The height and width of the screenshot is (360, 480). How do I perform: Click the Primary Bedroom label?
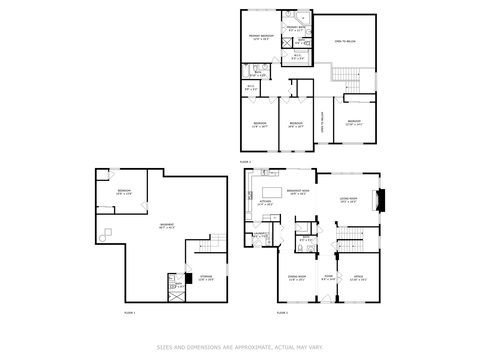click(x=261, y=36)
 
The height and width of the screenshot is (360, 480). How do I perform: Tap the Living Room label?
click(x=348, y=199)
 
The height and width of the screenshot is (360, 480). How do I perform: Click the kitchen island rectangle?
click(x=272, y=193)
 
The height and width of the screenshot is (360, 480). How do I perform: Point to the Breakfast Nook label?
click(x=298, y=191)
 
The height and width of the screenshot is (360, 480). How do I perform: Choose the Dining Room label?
click(x=297, y=277)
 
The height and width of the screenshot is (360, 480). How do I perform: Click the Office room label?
click(x=358, y=277)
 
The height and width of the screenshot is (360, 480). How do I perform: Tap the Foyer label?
click(x=329, y=276)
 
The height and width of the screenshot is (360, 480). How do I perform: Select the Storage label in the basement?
click(x=206, y=276)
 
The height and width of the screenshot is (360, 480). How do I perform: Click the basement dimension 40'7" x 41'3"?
click(x=167, y=228)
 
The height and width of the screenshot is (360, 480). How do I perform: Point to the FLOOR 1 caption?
click(x=130, y=313)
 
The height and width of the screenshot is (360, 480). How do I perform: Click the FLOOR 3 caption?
click(x=245, y=162)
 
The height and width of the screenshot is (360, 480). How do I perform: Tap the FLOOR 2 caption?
click(x=282, y=313)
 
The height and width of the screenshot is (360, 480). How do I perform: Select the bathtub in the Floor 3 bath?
click(x=246, y=71)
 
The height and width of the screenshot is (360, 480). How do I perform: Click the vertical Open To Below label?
click(x=322, y=122)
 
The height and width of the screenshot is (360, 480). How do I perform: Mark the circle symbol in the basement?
click(x=102, y=238)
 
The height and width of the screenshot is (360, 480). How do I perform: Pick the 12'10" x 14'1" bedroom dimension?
click(x=354, y=124)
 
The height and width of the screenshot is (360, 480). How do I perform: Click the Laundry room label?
click(x=260, y=233)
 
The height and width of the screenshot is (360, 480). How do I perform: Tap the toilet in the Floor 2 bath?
click(x=300, y=248)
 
